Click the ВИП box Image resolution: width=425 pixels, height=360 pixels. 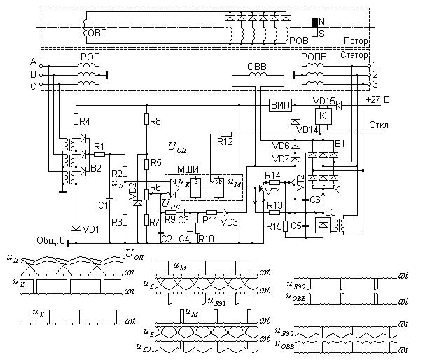pyautogui.click(x=279, y=104)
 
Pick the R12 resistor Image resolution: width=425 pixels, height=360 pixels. pyautogui.click(x=225, y=133)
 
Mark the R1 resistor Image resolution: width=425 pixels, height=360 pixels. pyautogui.click(x=99, y=153)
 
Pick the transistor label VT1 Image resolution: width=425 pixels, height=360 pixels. pyautogui.click(x=273, y=191)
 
